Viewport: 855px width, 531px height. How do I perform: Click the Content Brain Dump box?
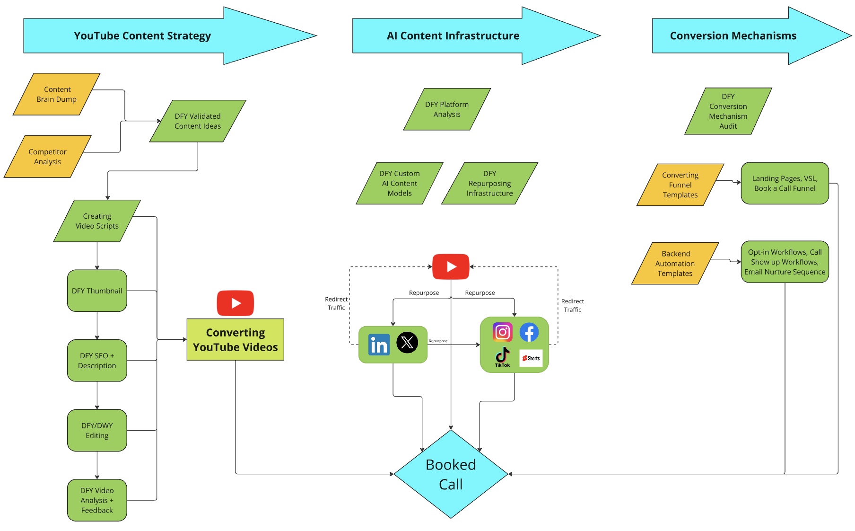pyautogui.click(x=57, y=94)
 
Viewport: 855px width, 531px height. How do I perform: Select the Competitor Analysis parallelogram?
pyautogui.click(x=48, y=157)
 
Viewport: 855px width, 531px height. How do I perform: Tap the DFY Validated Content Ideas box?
pyautogui.click(x=198, y=121)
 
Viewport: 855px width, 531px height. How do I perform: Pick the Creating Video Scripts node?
pyautogui.click(x=97, y=221)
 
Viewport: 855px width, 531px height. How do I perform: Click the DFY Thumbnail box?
pyautogui.click(x=97, y=291)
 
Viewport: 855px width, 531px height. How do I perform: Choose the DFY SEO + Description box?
pyautogui.click(x=97, y=361)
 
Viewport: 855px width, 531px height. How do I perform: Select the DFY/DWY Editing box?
pyautogui.click(x=97, y=430)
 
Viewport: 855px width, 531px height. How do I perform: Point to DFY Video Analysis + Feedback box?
pyautogui.click(x=97, y=500)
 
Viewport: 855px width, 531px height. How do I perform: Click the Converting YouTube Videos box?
pyautogui.click(x=236, y=340)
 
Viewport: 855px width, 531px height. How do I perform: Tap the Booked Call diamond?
pyautogui.click(x=451, y=474)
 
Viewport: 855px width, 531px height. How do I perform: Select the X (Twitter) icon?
pyautogui.click(x=407, y=343)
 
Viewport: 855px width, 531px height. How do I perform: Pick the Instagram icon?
pyautogui.click(x=503, y=332)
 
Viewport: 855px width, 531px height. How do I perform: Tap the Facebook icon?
pyautogui.click(x=529, y=332)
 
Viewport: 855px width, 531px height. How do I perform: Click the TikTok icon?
pyautogui.click(x=503, y=357)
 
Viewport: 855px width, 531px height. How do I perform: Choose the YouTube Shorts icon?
pyautogui.click(x=531, y=358)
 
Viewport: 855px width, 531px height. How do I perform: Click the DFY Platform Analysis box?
pyautogui.click(x=447, y=109)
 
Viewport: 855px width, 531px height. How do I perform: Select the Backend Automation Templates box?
pyautogui.click(x=675, y=264)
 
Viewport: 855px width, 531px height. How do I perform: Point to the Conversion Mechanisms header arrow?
pyautogui.click(x=752, y=35)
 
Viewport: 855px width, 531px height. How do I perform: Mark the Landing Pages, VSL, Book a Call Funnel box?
pyautogui.click(x=785, y=183)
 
